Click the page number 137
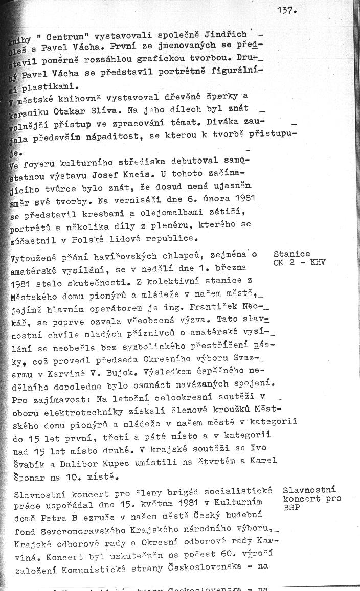point(287,9)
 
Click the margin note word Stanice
point(291,254)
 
